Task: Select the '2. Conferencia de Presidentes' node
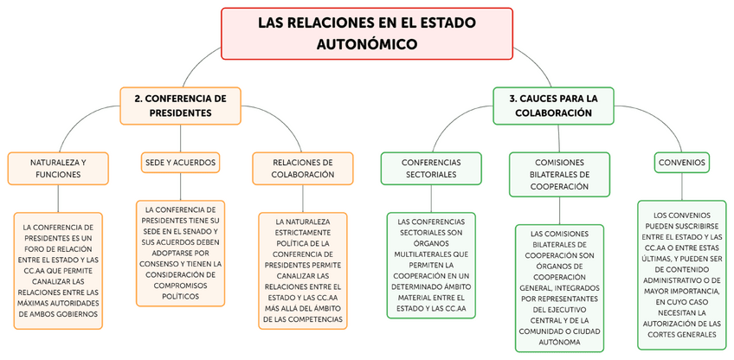pos(180,106)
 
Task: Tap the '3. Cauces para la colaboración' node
pos(553,106)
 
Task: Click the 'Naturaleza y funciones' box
pos(58,168)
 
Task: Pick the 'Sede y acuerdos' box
pos(180,162)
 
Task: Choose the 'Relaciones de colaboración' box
pos(303,168)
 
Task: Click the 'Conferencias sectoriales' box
pos(431,168)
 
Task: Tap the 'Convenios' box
pos(681,162)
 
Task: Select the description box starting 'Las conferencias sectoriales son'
pos(431,265)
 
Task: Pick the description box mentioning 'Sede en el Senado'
pos(180,253)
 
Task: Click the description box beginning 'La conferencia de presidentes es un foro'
pos(58,271)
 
